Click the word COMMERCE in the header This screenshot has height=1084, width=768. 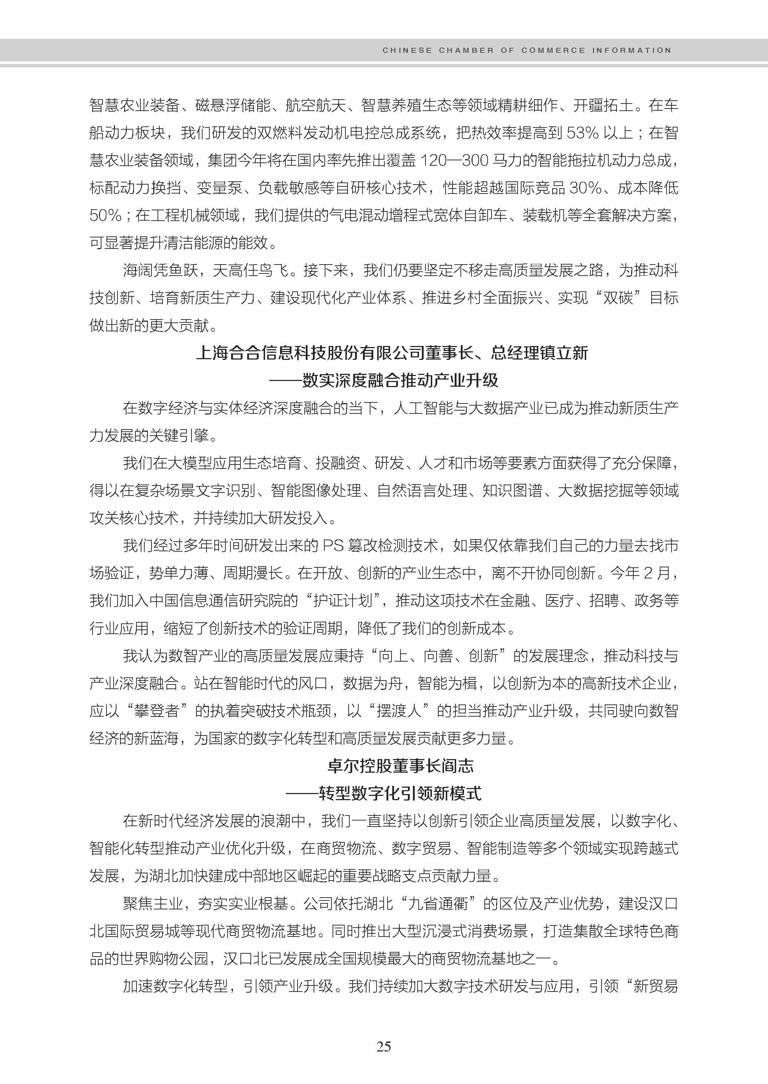pyautogui.click(x=553, y=50)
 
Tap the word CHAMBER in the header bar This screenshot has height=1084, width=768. pyautogui.click(x=466, y=50)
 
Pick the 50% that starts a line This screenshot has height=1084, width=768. pyautogui.click(x=105, y=216)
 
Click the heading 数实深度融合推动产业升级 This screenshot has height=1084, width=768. pyautogui.click(x=400, y=380)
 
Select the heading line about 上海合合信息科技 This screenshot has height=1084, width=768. pyautogui.click(x=392, y=353)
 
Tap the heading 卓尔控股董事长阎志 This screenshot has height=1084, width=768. pyautogui.click(x=400, y=766)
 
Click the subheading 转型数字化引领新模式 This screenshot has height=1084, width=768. pyautogui.click(x=400, y=793)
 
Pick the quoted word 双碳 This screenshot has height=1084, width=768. pyautogui.click(x=618, y=298)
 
